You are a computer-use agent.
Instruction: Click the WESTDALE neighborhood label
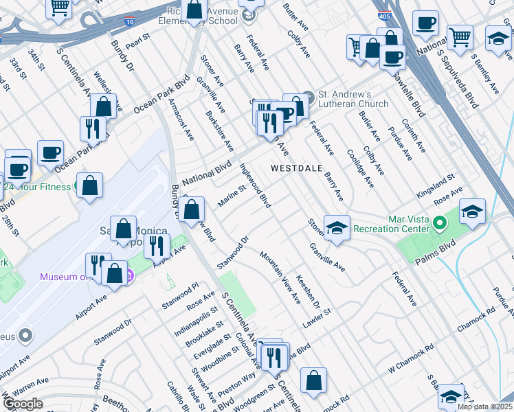point(298,168)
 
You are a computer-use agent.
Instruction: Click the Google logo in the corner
point(23,404)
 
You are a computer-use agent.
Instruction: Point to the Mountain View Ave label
point(280,277)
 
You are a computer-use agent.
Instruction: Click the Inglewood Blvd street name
point(255,185)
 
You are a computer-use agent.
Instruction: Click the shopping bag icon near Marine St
point(194,209)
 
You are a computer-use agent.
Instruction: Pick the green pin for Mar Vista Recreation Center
point(442,224)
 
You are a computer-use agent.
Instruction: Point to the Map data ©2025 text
point(485,407)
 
